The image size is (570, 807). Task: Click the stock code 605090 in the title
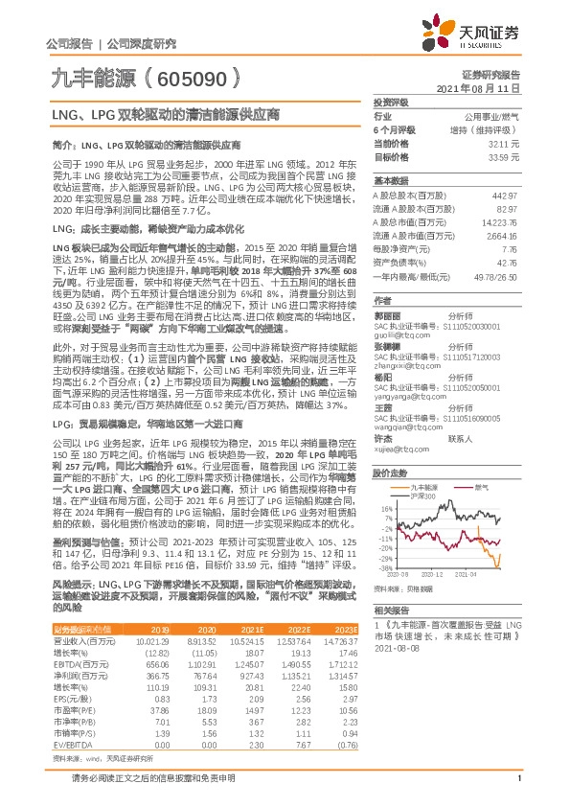click(189, 75)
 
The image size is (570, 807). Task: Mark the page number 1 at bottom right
click(518, 789)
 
